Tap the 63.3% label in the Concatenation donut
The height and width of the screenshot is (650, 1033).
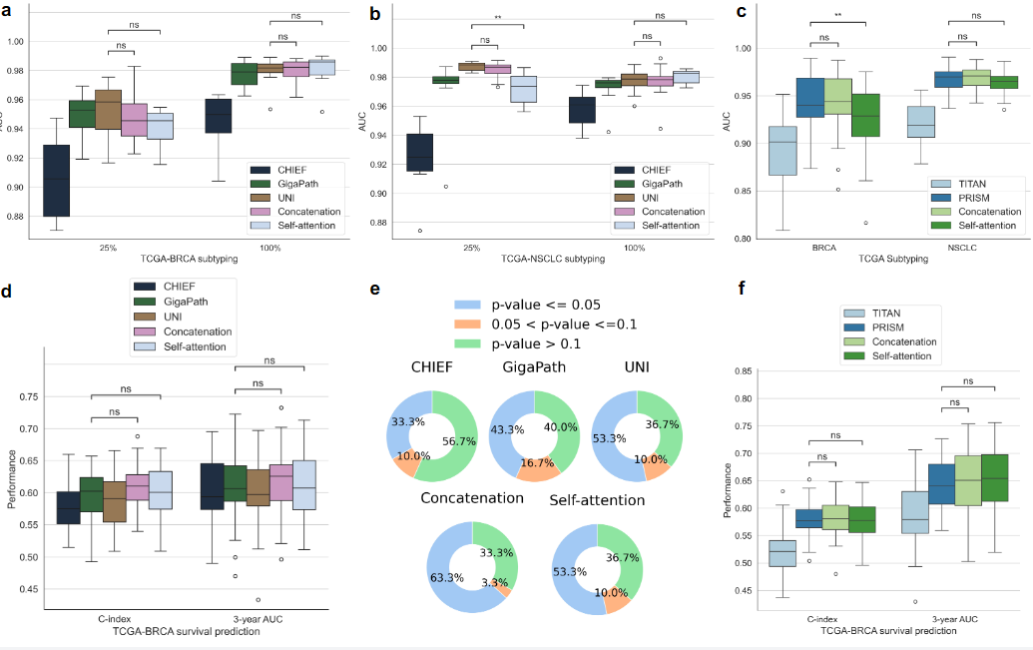pos(446,576)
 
